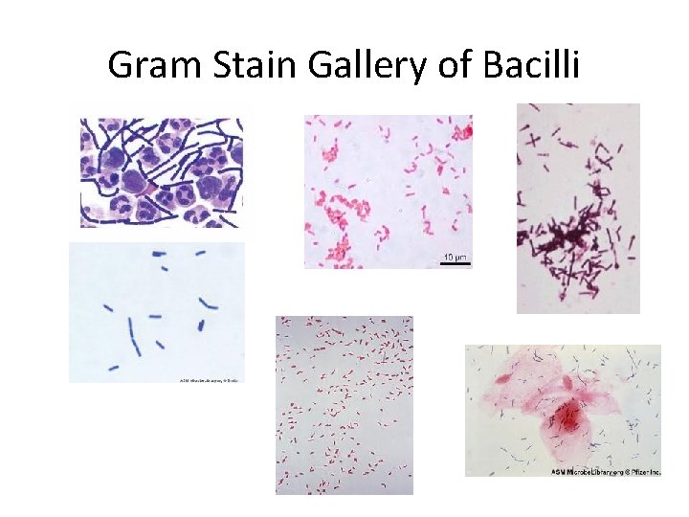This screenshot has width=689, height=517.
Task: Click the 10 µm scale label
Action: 455,257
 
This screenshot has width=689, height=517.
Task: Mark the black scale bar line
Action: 455,263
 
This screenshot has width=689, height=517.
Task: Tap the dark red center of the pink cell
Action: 566,415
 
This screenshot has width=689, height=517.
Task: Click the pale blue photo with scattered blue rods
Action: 157,312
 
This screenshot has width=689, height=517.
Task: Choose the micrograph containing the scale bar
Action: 388,191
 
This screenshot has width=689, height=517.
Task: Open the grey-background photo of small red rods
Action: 344,404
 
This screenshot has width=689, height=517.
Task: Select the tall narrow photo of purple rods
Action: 578,208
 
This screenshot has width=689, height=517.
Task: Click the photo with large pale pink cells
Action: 563,410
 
